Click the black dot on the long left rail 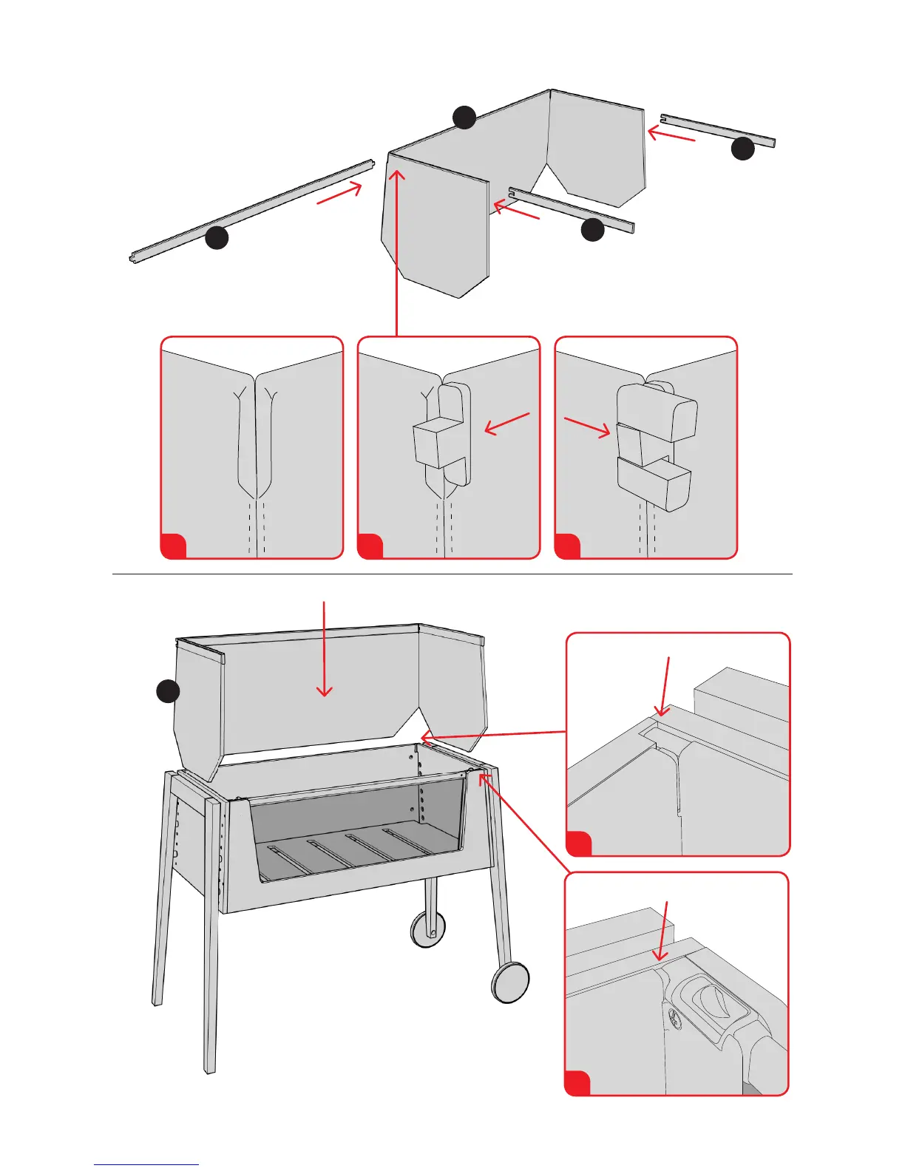[x=216, y=237]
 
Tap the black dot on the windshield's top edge [x=464, y=118]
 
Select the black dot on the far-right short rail [x=742, y=149]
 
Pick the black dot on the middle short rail [x=593, y=230]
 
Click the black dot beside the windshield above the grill [x=169, y=691]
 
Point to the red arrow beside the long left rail [x=339, y=193]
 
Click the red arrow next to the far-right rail [x=671, y=135]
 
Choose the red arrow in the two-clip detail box [x=587, y=428]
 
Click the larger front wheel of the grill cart [x=510, y=982]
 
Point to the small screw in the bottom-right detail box [x=674, y=1016]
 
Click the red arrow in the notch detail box [x=665, y=686]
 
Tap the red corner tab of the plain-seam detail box [x=172, y=546]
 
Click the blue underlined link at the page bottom [x=146, y=1164]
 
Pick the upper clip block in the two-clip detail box [x=657, y=412]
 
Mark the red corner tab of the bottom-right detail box [x=577, y=1083]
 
